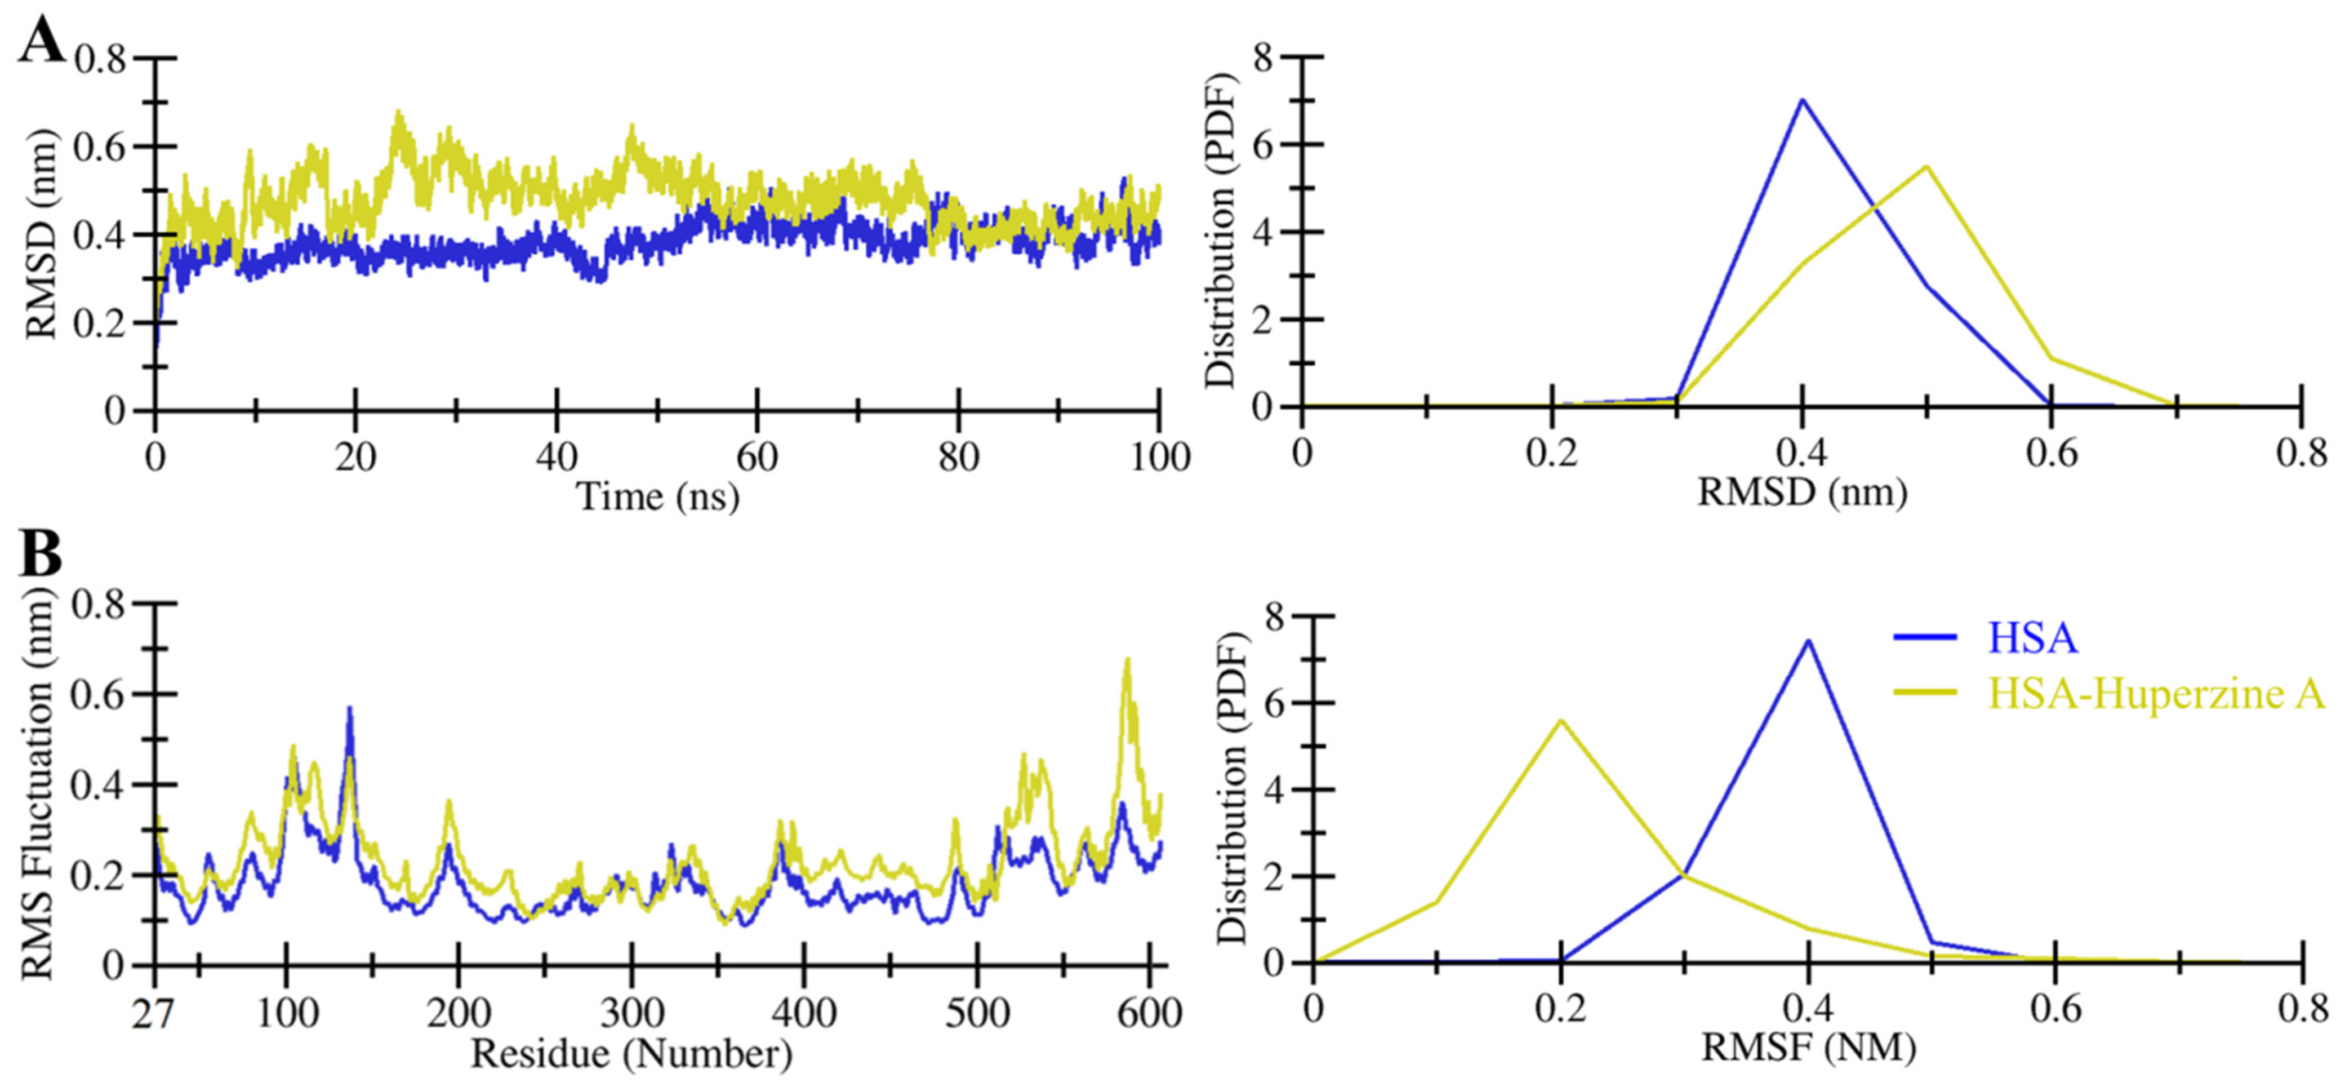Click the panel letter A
click(41, 41)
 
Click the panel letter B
click(41, 553)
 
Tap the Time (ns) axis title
click(657, 497)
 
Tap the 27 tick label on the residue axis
click(155, 1013)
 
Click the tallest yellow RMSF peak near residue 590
click(1128, 660)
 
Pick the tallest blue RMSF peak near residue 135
click(349, 708)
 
